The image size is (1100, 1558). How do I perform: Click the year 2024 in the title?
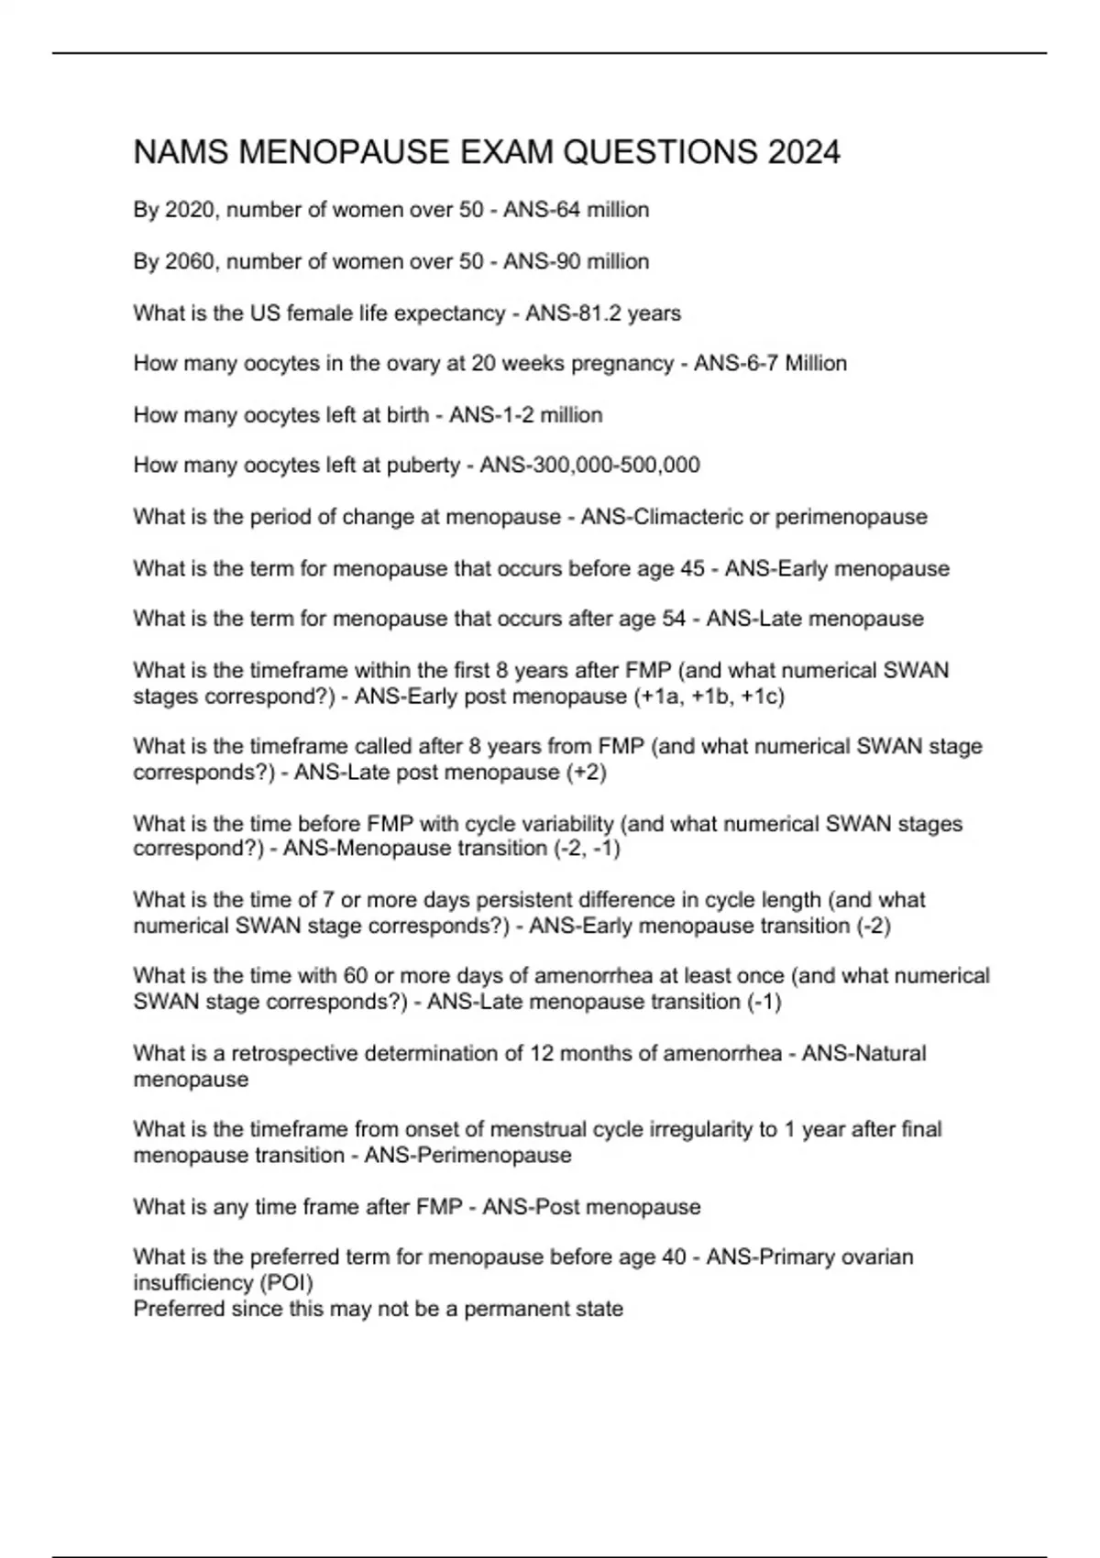click(x=804, y=152)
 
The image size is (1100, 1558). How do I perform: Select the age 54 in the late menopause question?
click(x=674, y=619)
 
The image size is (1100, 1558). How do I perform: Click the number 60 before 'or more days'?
click(x=356, y=976)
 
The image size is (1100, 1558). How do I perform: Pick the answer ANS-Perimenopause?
click(x=467, y=1156)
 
